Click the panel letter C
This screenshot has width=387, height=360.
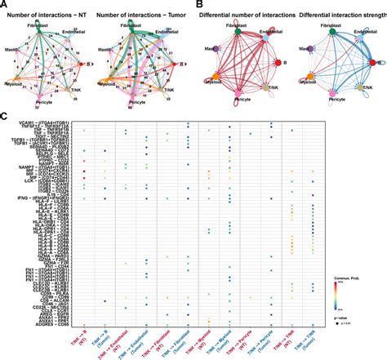coord(6,118)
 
